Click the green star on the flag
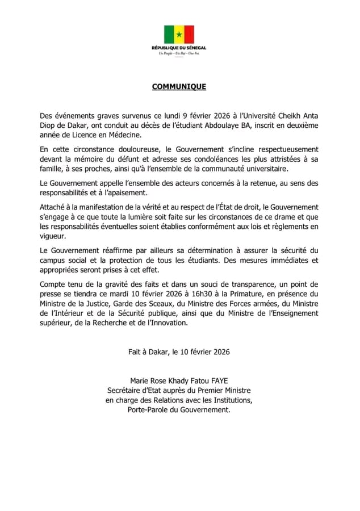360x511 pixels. click(x=179, y=34)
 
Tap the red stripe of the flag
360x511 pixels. click(x=189, y=34)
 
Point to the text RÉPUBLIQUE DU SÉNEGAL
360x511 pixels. click(x=179, y=48)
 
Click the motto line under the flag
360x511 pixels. click(x=179, y=53)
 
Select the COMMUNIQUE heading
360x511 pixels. click(x=179, y=87)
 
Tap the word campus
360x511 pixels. click(x=52, y=260)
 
